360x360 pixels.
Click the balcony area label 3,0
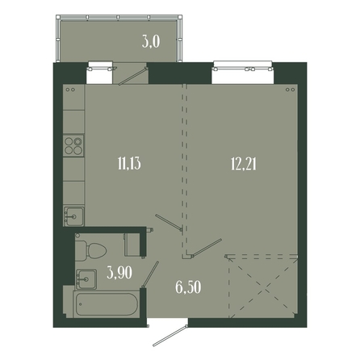(151, 42)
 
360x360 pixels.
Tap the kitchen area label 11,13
(129, 163)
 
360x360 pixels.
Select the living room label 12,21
(244, 164)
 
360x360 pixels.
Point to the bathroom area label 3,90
(119, 273)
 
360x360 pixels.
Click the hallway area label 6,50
(188, 287)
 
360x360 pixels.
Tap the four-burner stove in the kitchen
(73, 146)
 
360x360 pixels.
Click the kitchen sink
(73, 216)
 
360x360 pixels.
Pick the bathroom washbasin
(86, 279)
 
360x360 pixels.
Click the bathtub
(107, 304)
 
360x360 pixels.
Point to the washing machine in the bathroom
(132, 245)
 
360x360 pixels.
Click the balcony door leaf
(133, 76)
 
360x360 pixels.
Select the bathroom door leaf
(150, 274)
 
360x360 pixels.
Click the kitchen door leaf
(169, 222)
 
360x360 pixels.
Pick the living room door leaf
(207, 247)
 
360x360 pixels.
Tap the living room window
(243, 67)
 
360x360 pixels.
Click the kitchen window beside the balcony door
(99, 67)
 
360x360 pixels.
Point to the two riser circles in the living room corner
(290, 90)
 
